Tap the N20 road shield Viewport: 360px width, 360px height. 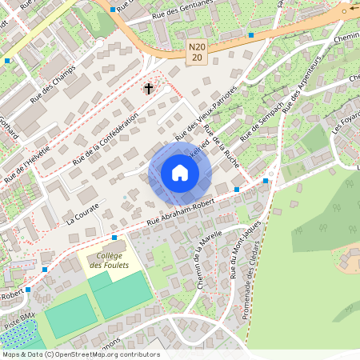[198, 53]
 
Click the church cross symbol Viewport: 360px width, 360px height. [148, 87]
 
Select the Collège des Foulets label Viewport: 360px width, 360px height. [111, 260]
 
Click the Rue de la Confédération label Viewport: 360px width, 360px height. [105, 139]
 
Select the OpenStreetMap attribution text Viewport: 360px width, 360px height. [80, 354]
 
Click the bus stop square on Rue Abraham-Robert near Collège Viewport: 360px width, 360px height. [114, 238]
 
